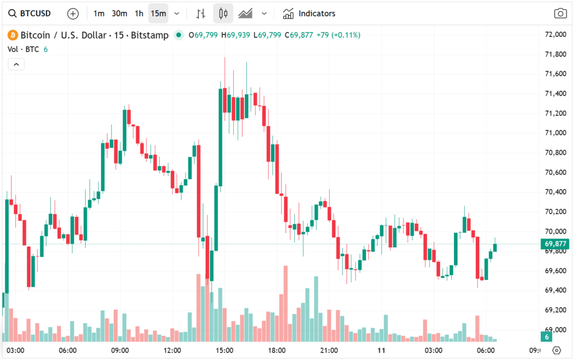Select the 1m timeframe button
(99, 13)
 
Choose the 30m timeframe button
(119, 13)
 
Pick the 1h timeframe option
(139, 13)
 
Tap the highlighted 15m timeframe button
(158, 13)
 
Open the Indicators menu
(309, 13)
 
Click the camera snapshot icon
(559, 13)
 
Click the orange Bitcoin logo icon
(12, 35)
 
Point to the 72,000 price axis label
(555, 35)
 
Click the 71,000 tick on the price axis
(555, 133)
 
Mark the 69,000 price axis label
(555, 330)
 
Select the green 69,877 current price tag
(554, 244)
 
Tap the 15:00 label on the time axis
(224, 350)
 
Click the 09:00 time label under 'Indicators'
(120, 350)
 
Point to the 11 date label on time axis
(381, 350)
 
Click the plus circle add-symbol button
(73, 13)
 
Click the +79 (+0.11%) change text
(338, 35)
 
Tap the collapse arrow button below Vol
(16, 64)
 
